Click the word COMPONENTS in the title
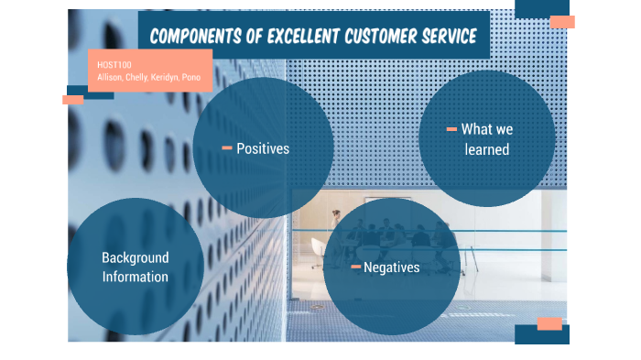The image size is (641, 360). pos(196,37)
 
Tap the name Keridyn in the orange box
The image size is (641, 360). pos(166,77)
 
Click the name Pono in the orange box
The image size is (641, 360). pos(191,77)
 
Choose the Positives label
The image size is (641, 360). pos(263,147)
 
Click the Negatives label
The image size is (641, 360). pos(391,267)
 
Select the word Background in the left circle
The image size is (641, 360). pos(136,258)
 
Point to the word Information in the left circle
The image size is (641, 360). pos(136,277)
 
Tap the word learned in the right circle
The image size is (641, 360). pos(486,148)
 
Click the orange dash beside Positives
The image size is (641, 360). pos(227,147)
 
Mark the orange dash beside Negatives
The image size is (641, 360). pos(355,267)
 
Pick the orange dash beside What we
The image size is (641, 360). pos(451,130)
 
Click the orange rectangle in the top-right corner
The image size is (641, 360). pos(562,22)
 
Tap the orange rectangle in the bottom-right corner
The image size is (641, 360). pos(549,323)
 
